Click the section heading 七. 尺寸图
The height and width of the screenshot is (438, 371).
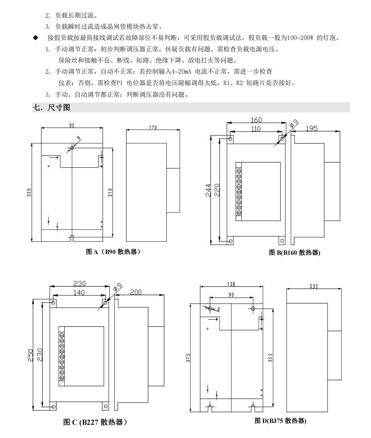[51, 107]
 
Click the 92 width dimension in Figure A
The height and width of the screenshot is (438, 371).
[72, 125]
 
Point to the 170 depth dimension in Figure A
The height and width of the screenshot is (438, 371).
[153, 127]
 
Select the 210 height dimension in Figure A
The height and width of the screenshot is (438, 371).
[110, 192]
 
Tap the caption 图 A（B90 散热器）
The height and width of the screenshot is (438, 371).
[113, 252]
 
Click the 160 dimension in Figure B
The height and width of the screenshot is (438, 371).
[256, 120]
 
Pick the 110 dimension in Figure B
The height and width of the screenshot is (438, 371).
[256, 129]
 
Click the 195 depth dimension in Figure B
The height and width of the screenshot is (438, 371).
[312, 128]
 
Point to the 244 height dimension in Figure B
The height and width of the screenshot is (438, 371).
[209, 190]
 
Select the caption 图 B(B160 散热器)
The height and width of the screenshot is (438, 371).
[295, 252]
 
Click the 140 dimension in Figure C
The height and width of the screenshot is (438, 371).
[79, 292]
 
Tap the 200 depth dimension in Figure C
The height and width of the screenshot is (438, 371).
[136, 292]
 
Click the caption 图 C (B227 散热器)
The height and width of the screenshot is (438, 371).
[95, 422]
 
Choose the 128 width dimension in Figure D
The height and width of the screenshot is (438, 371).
[231, 284]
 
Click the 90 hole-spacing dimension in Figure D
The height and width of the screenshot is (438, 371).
[231, 295]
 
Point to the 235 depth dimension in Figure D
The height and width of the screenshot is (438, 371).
[313, 286]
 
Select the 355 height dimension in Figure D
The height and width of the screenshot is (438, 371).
[270, 358]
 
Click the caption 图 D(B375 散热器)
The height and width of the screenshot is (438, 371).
[280, 421]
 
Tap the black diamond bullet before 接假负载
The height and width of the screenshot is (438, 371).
[35, 38]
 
